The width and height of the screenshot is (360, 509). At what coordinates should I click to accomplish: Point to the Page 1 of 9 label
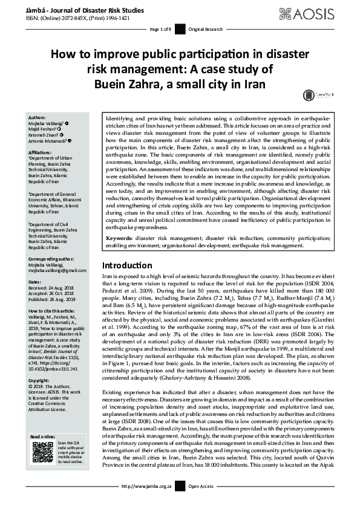click(162, 29)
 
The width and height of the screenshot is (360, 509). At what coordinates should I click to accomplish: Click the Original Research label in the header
click(206, 29)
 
